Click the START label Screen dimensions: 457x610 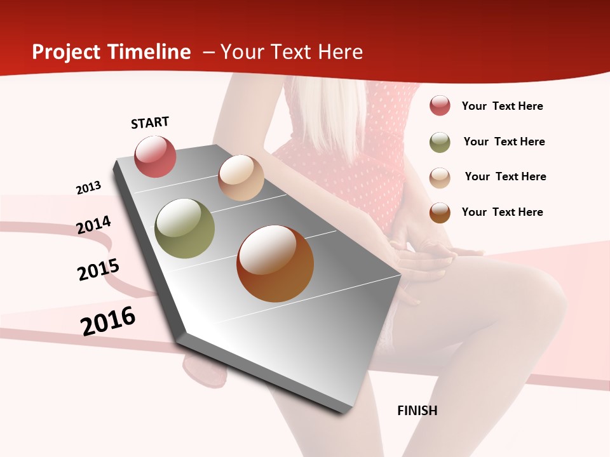[150, 123]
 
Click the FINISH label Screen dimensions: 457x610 [417, 411]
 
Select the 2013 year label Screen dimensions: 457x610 [89, 187]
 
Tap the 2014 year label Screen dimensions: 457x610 [94, 225]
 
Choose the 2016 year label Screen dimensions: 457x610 [108, 321]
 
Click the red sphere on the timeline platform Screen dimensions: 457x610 [155, 156]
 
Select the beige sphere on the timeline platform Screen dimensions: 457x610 [241, 178]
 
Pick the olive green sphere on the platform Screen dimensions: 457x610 [185, 228]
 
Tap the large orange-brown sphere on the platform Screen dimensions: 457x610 [275, 263]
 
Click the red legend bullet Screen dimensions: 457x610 [440, 106]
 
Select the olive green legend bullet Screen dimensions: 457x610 [440, 142]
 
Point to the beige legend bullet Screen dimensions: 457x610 [440, 178]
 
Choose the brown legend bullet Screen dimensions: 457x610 [440, 213]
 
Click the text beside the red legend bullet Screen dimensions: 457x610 [502, 106]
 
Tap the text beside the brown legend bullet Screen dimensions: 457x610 [502, 212]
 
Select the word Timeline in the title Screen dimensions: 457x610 [150, 52]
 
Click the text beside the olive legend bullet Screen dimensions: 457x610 [504, 142]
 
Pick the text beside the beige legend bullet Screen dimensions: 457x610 [505, 176]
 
